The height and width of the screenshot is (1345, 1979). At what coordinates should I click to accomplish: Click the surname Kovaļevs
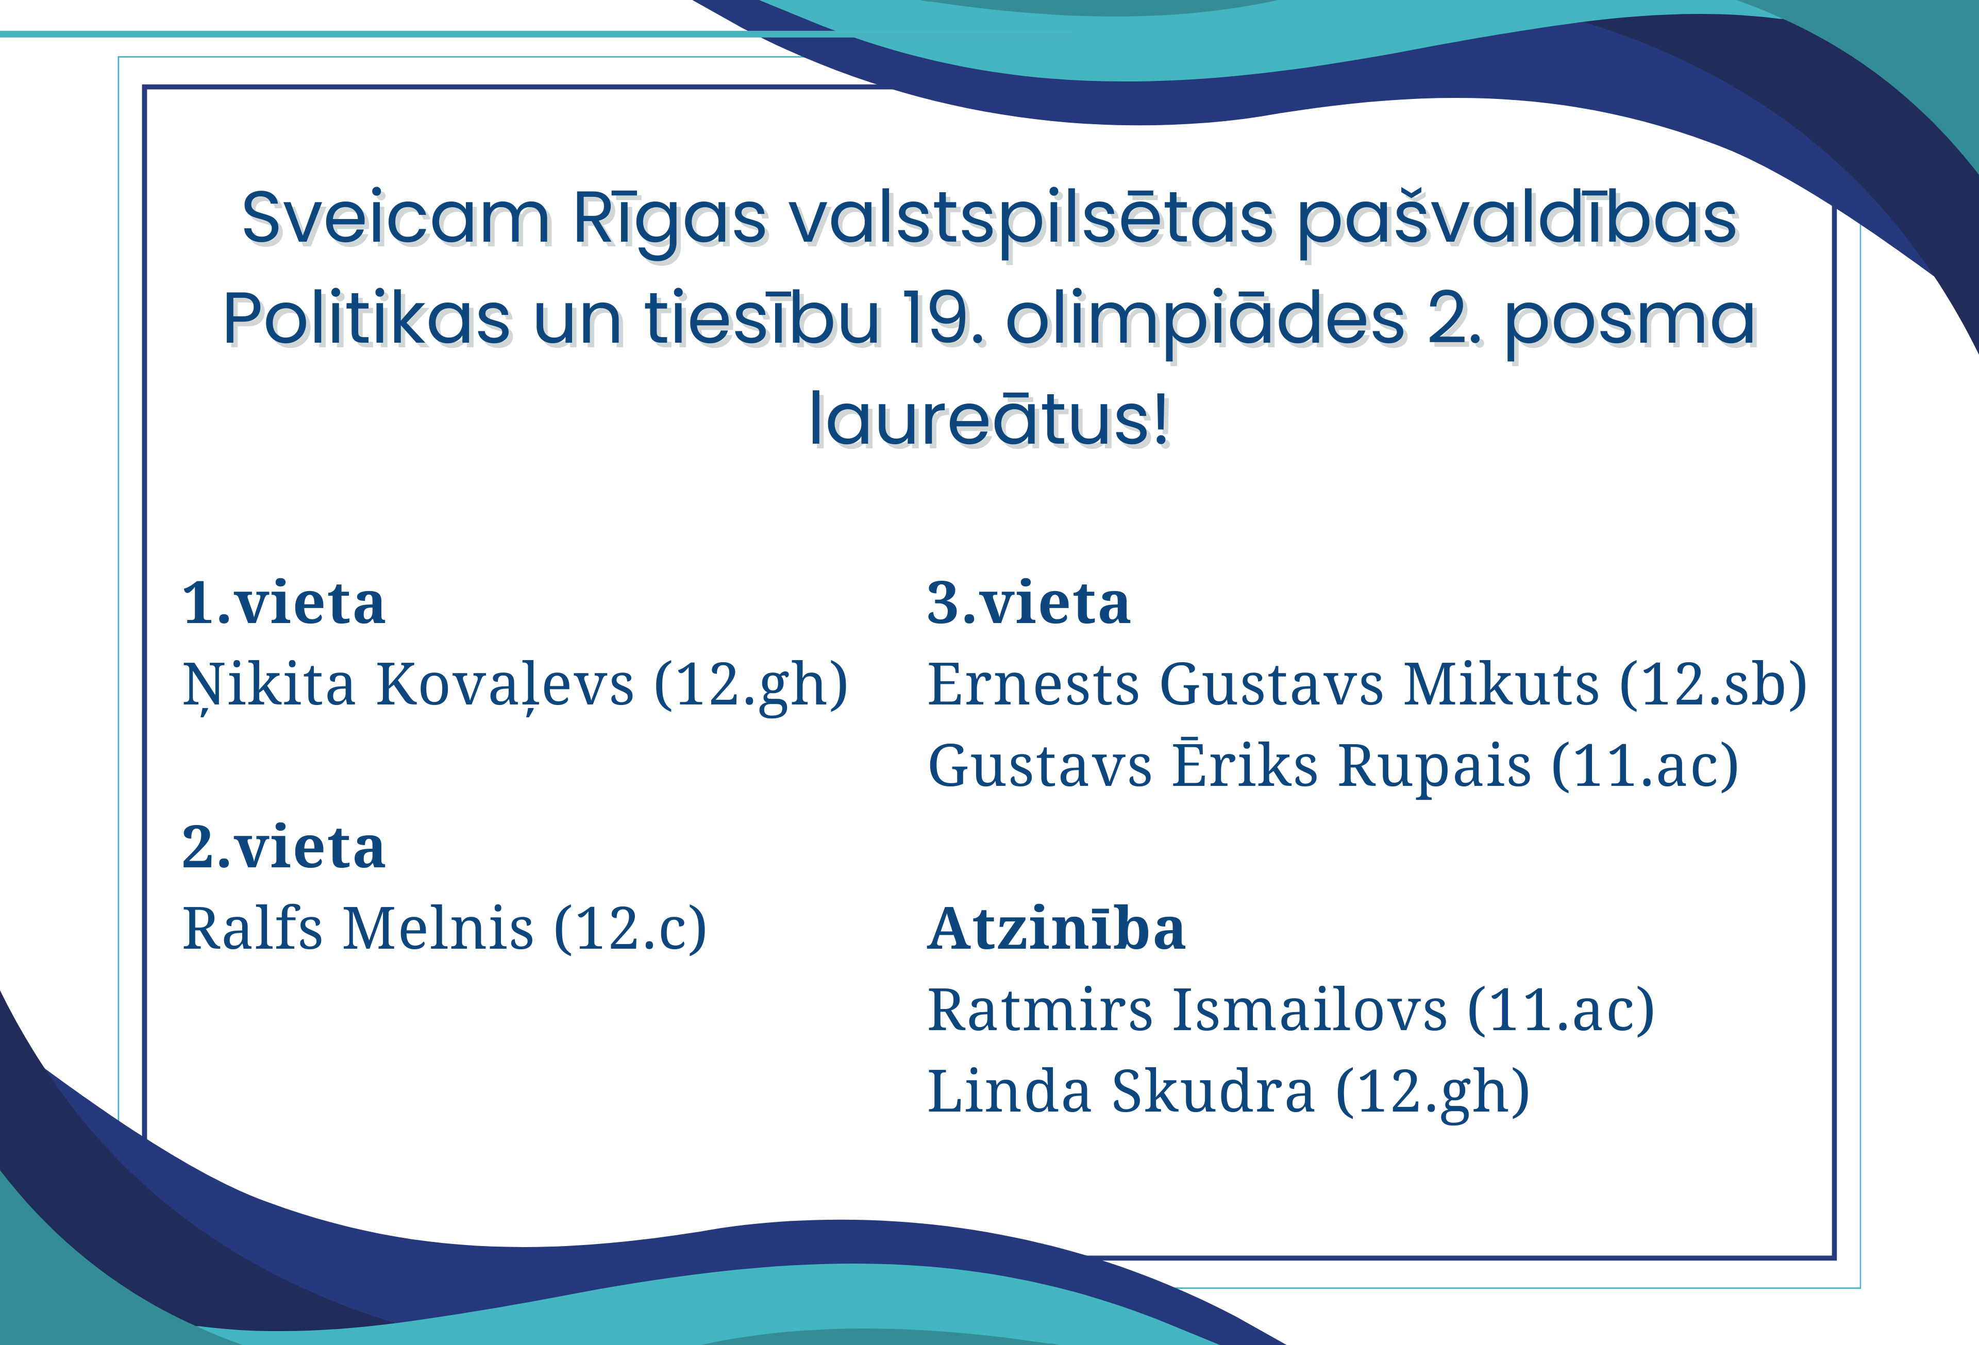coord(505,685)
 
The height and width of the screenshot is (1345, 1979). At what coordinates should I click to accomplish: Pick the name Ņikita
coord(268,685)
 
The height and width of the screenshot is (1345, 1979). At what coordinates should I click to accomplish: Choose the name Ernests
coord(1033,685)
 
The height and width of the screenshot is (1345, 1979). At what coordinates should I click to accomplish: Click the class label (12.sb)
coord(1713,685)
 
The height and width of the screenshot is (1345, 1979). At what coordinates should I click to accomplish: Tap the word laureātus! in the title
coord(989,419)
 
